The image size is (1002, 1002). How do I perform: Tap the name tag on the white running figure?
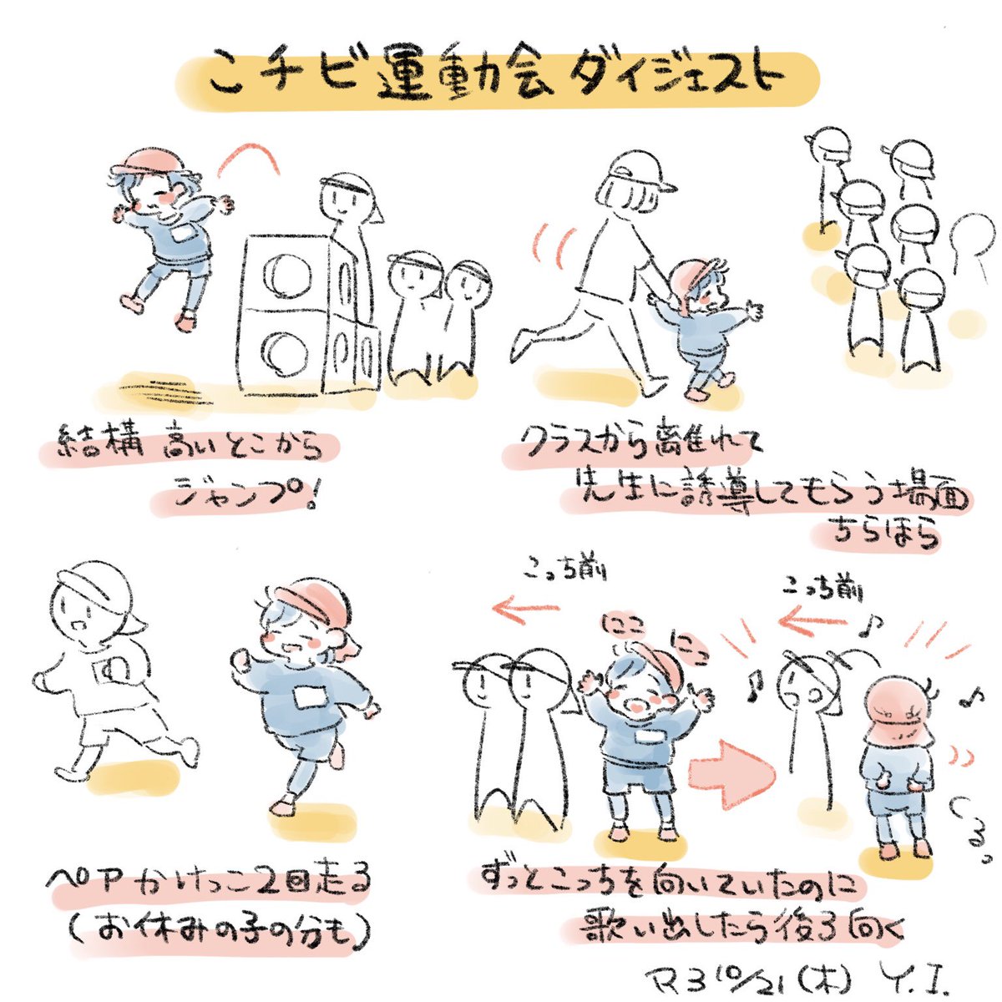(111, 671)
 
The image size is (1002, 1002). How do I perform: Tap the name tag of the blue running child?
(310, 696)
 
